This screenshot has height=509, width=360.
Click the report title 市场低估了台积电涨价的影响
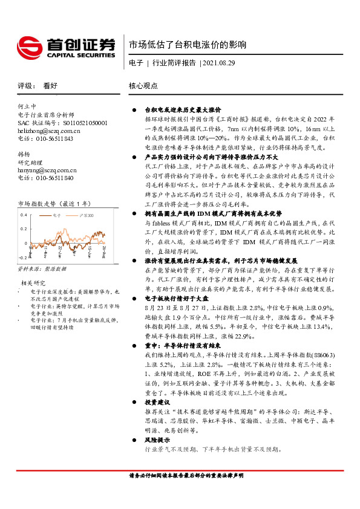click(x=188, y=45)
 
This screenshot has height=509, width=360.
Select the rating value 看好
click(x=50, y=86)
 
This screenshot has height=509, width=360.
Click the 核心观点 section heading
click(x=143, y=86)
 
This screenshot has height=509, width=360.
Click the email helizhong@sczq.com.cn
click(x=49, y=131)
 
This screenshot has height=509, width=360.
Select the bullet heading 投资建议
click(x=157, y=401)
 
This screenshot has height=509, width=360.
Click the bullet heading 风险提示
click(x=157, y=441)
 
